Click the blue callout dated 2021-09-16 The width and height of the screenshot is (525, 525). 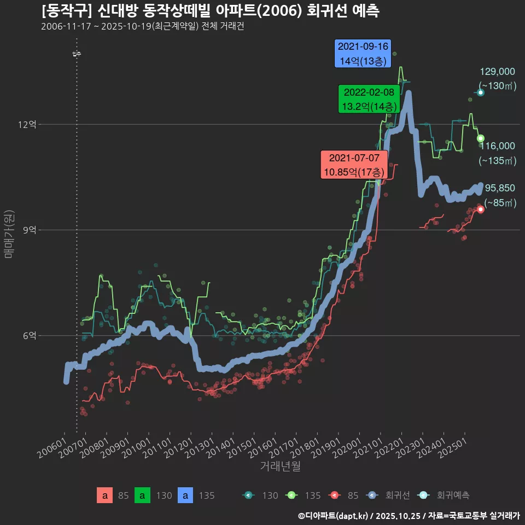363,54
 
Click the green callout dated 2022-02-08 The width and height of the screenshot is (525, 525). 368,99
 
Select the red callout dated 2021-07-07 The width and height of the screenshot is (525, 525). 354,165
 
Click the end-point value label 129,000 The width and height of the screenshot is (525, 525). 497,72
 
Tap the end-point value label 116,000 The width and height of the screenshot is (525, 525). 497,146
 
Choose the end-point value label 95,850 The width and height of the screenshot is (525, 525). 500,188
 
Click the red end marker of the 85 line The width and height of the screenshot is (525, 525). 480,209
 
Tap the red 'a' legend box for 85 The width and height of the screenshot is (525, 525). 105,495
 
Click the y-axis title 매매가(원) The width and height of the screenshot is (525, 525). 8,234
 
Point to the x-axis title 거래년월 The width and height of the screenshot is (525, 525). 279,466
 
